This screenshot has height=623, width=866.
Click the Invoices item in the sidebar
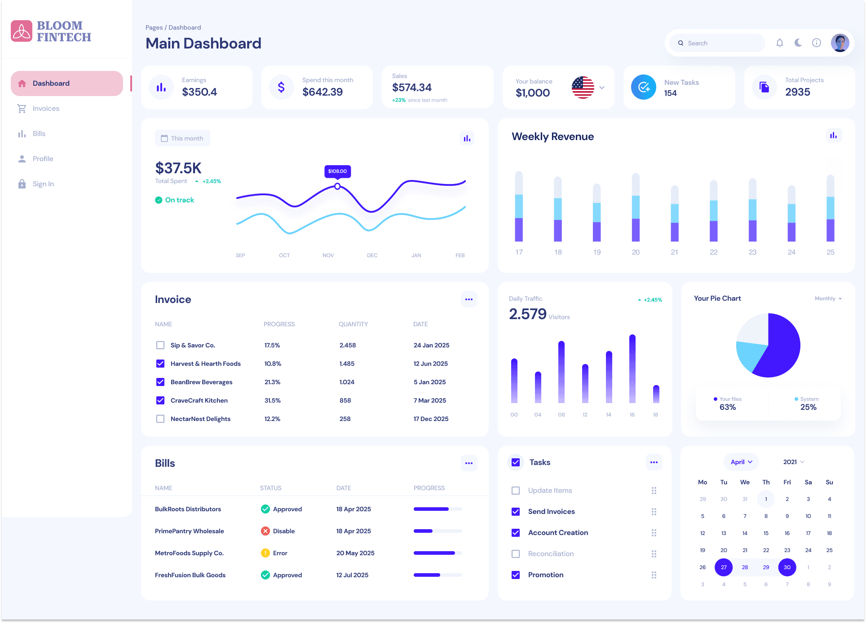45,109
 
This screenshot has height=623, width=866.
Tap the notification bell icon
780,43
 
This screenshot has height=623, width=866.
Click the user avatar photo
839,43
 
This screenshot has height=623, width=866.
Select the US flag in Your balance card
583,88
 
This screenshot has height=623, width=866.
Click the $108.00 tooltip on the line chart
337,171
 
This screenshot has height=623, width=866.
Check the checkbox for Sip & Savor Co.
160,345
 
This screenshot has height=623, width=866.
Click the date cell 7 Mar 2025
429,400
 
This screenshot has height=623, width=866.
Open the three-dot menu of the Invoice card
468,299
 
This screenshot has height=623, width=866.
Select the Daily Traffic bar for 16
632,369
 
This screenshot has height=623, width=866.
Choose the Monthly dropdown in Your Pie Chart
828,298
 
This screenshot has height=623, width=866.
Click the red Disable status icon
265,531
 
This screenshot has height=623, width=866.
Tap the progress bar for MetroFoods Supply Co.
437,553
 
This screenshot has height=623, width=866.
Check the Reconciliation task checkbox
516,554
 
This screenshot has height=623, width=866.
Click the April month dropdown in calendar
741,462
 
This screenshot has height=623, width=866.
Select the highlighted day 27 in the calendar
724,567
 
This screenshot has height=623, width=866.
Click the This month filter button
182,138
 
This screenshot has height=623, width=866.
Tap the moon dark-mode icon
798,43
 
